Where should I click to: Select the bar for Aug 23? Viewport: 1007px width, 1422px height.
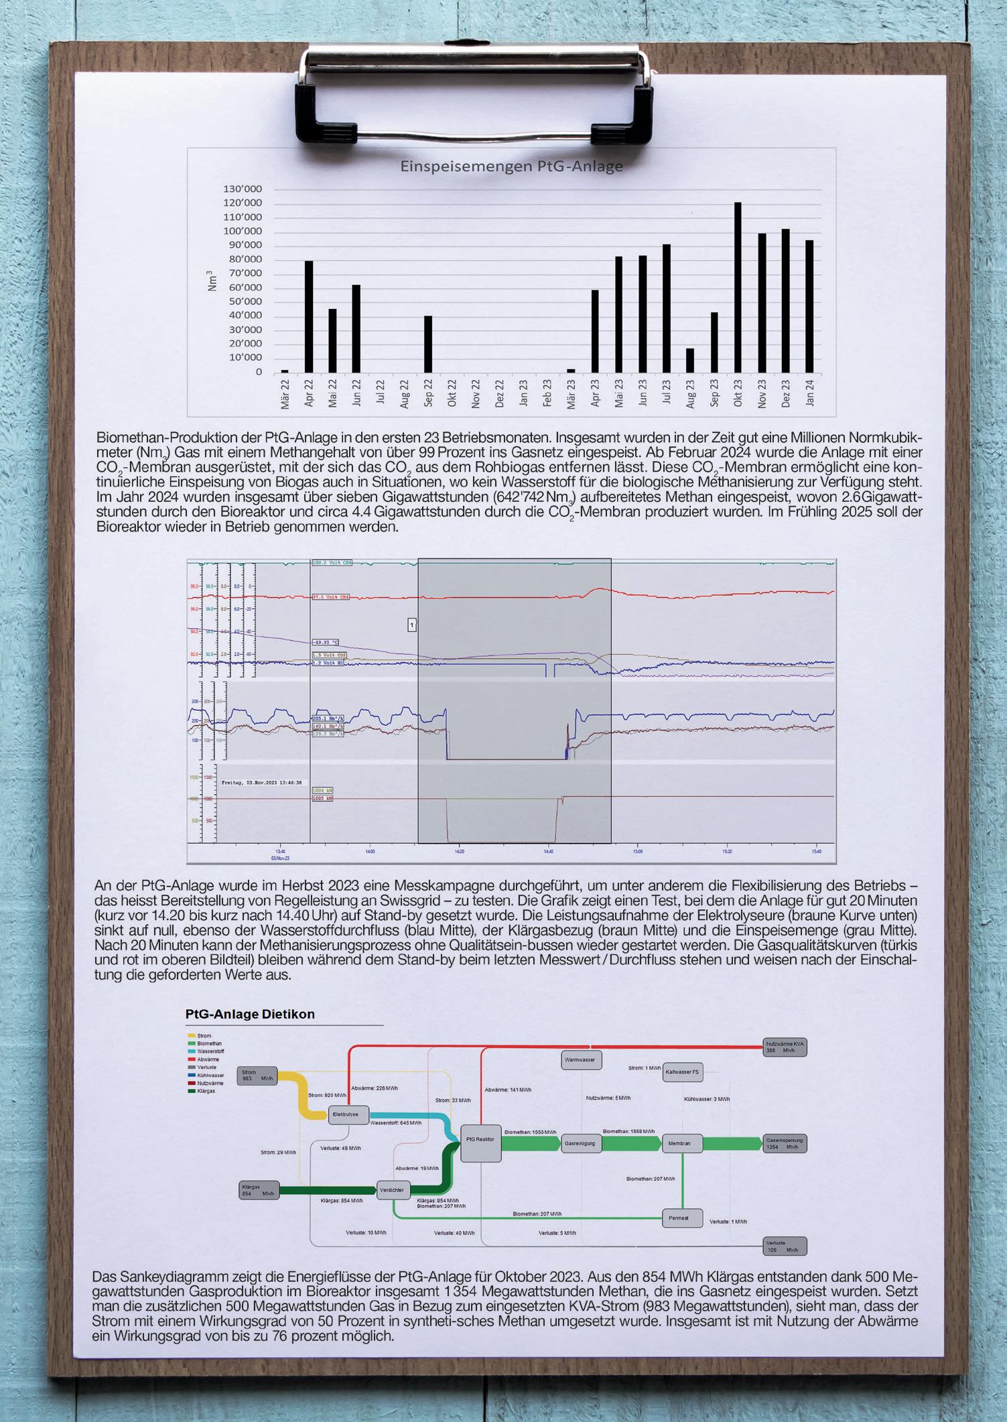pos(690,361)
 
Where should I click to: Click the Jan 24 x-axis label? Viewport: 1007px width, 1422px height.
pos(810,391)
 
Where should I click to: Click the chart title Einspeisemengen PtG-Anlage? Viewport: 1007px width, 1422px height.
pos(511,166)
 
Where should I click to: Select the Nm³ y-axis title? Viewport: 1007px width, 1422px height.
pos(212,280)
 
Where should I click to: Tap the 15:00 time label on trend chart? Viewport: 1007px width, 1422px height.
pos(637,851)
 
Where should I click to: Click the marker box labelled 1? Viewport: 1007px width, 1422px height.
pos(412,625)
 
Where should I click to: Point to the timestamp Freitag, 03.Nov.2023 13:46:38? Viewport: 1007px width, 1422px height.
pos(261,782)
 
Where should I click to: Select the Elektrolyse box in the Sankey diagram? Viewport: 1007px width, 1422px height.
pos(349,1114)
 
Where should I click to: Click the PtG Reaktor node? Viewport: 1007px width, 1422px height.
pos(480,1143)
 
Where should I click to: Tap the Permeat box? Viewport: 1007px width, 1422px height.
pos(682,1217)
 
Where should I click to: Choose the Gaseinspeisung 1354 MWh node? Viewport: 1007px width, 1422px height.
pos(785,1143)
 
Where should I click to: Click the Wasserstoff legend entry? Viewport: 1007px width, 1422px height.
pos(210,1051)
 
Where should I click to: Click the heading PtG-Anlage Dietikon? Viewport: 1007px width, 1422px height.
pos(250,1014)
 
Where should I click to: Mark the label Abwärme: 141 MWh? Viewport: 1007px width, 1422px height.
pos(507,1090)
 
